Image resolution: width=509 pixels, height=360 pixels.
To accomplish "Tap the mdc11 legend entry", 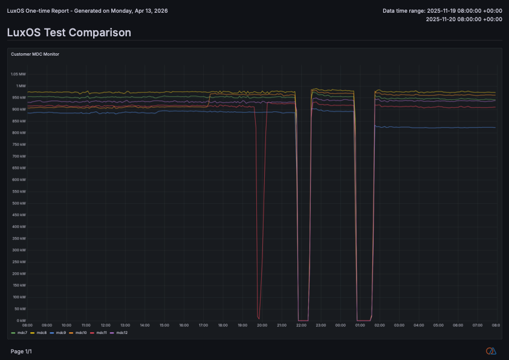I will tap(101, 332).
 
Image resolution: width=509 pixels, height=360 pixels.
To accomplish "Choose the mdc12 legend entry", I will tap(121, 332).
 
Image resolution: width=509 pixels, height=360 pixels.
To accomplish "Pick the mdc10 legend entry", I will tap(80, 332).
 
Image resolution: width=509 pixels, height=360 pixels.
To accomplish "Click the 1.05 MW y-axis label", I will tap(18, 74).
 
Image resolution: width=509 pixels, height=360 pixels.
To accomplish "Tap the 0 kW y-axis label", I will tap(21, 320).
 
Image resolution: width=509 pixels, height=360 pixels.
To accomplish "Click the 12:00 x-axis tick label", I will tap(105, 325).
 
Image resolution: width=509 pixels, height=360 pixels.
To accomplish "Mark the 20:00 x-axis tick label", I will tap(262, 325).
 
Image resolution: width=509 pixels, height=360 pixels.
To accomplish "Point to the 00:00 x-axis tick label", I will tap(340, 325).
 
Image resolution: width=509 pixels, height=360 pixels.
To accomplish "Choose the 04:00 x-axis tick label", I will tap(418, 325).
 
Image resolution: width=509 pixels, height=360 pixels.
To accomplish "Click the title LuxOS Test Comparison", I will tap(68, 32).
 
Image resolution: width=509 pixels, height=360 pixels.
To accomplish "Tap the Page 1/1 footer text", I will tap(21, 351).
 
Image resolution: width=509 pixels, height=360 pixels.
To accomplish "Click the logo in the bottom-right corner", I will tap(491, 351).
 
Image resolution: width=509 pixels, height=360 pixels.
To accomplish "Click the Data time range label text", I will tap(403, 10).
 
